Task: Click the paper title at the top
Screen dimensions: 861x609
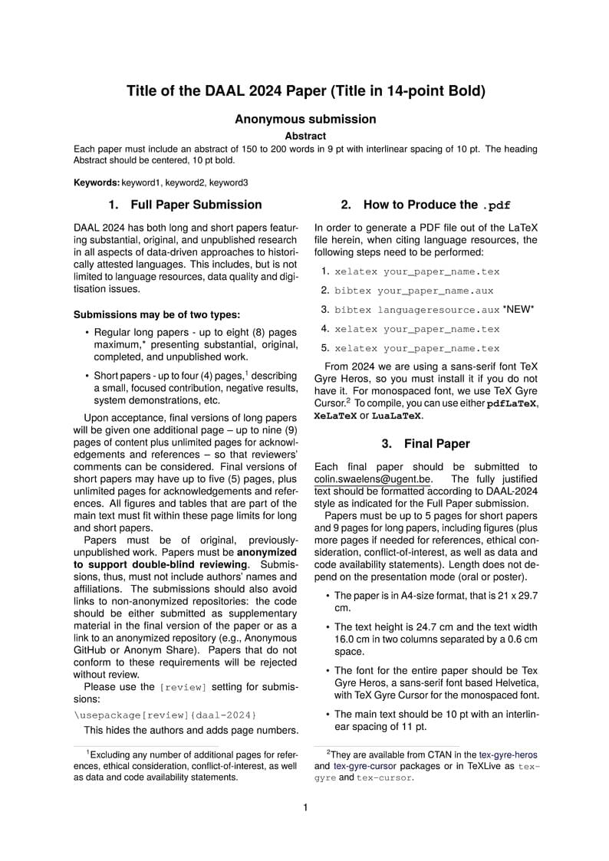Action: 305,91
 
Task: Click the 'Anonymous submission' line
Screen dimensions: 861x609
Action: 305,119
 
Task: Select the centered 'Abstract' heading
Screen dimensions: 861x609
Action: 305,136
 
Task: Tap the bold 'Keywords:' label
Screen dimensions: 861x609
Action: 97,183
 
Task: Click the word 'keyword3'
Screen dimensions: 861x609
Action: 228,183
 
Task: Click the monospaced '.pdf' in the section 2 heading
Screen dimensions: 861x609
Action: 496,205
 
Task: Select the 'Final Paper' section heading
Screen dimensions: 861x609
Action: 437,444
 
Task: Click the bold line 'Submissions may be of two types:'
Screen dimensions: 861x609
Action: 156,314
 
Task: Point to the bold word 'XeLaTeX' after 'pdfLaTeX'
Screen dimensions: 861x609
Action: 335,416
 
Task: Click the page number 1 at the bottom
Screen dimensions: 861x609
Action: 305,807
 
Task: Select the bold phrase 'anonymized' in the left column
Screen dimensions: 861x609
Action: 267,551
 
